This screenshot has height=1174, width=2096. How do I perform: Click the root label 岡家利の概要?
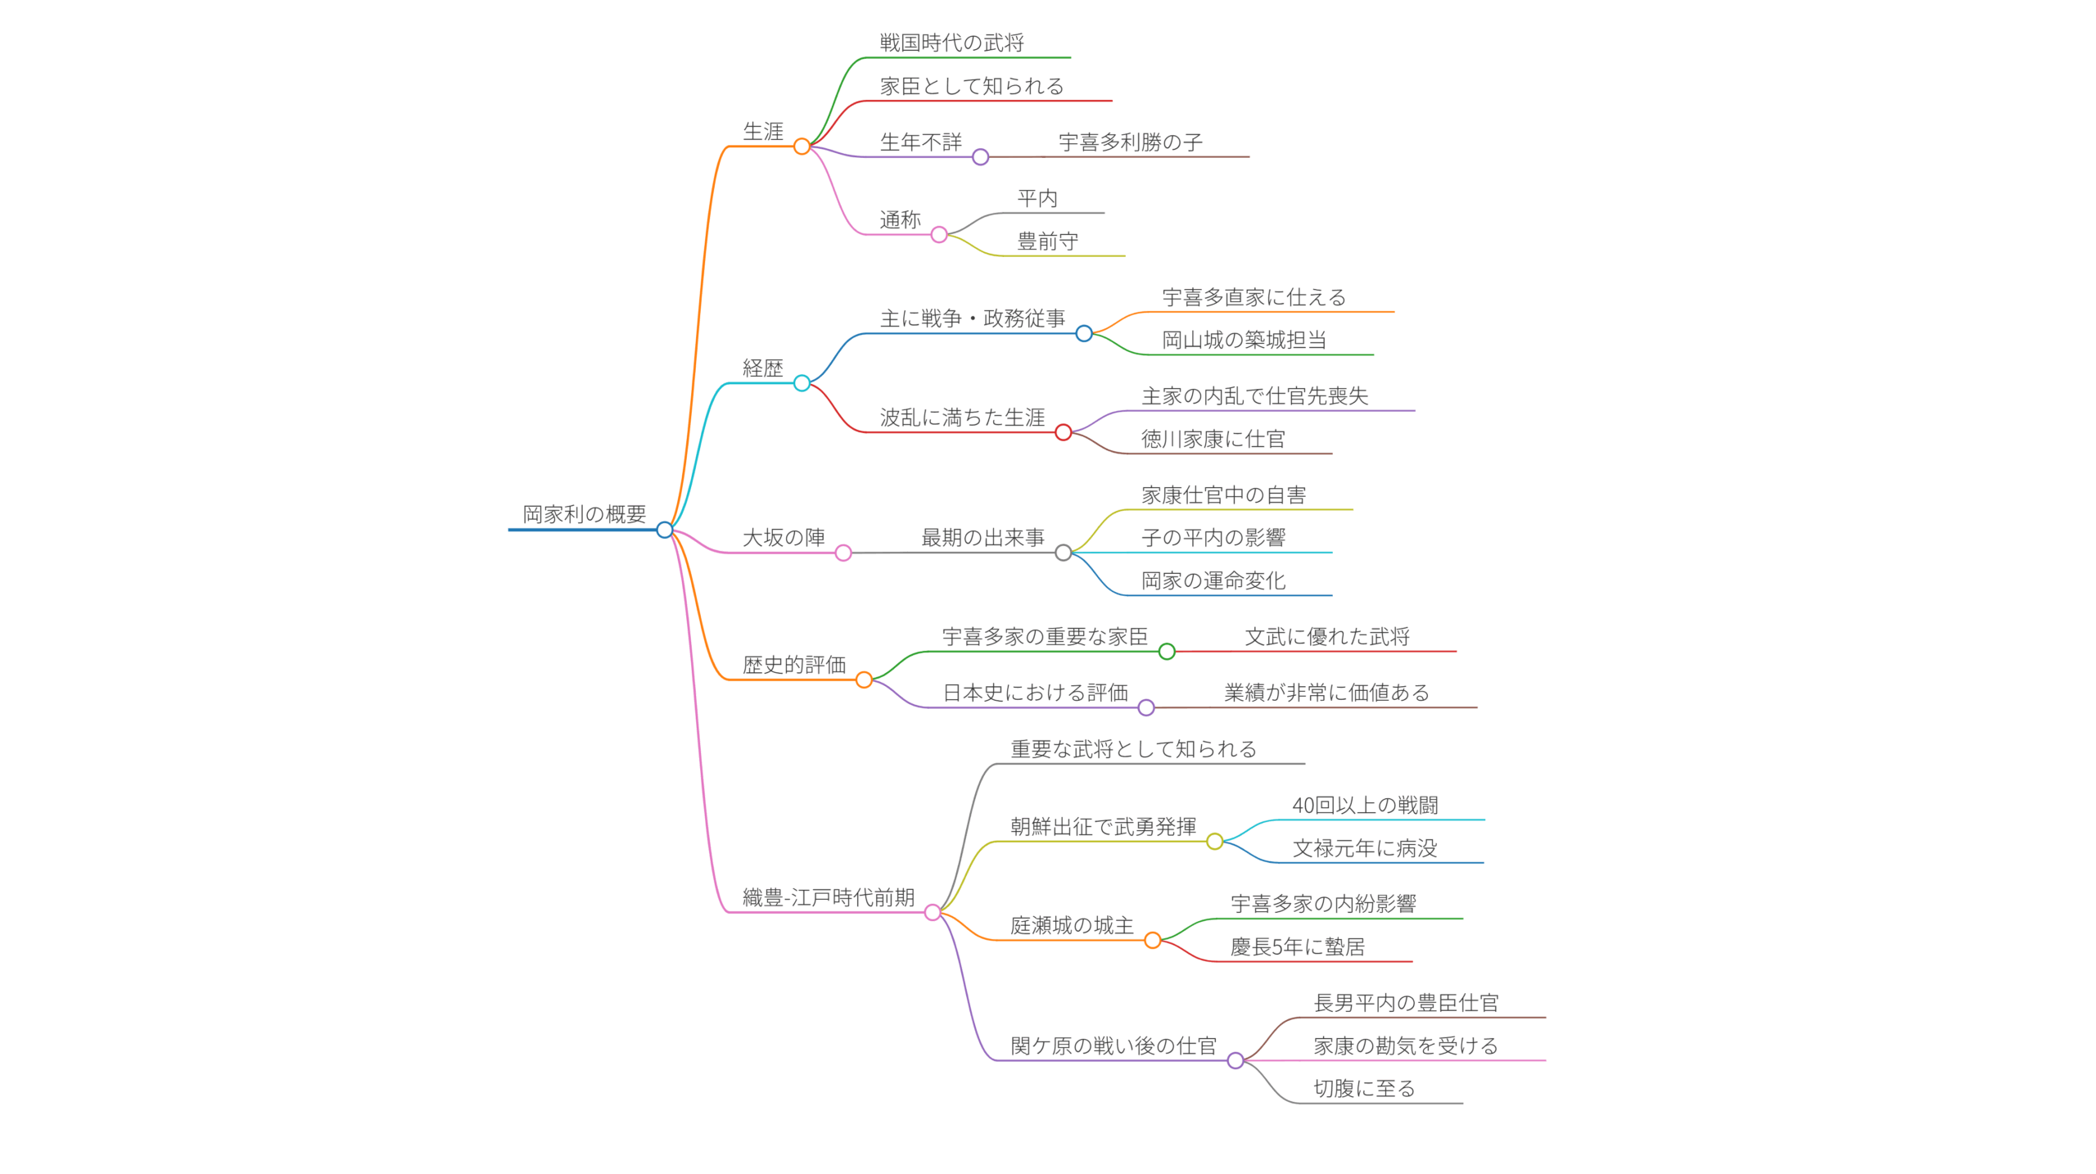pos(584,514)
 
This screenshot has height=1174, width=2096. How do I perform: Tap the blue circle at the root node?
pos(665,530)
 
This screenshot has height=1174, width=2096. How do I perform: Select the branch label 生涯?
pos(762,131)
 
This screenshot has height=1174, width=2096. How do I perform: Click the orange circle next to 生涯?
pos(802,147)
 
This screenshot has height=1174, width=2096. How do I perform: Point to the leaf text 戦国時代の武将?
pos(951,43)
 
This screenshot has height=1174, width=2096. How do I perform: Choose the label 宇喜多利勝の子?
pos(1130,142)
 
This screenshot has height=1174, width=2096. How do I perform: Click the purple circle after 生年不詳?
pos(980,157)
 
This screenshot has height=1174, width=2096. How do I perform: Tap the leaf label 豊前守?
pos(1047,242)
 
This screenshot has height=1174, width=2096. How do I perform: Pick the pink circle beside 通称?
pos(939,235)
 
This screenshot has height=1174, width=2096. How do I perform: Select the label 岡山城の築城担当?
pos(1244,340)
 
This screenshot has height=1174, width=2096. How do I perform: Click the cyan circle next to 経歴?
pos(802,383)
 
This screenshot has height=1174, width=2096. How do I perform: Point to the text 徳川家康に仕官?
pos(1213,439)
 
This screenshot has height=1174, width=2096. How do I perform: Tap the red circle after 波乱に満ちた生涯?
pos(1063,432)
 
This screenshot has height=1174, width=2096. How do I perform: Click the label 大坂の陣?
pos(783,538)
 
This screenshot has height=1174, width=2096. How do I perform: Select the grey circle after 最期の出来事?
pos(1063,553)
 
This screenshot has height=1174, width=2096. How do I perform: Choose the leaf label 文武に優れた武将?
pos(1326,636)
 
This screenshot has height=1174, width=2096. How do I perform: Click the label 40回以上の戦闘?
pos(1365,805)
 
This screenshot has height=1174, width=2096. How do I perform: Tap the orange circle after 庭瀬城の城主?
pos(1152,941)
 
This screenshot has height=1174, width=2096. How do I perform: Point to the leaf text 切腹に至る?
pos(1364,1088)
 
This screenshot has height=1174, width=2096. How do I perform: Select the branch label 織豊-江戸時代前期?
pos(828,897)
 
